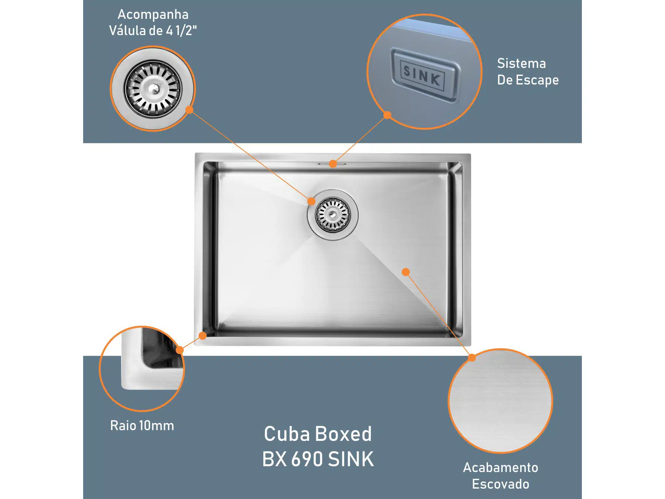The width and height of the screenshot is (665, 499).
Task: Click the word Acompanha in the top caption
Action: [153, 15]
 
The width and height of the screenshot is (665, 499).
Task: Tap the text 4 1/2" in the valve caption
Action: [182, 31]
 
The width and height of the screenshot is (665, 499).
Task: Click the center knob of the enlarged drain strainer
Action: [153, 88]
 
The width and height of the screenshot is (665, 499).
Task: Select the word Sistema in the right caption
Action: [521, 63]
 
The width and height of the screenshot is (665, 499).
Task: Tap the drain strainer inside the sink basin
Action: [333, 215]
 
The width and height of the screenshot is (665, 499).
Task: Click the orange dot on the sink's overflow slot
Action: [333, 164]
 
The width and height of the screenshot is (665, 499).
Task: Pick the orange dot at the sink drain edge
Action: [311, 201]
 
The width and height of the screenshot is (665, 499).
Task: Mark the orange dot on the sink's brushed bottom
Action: [406, 272]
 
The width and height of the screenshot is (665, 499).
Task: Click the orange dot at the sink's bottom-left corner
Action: [203, 336]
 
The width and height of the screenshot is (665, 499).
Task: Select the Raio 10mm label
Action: [142, 426]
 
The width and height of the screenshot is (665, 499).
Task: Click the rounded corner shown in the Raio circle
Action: [146, 364]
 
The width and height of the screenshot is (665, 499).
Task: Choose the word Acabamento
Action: [500, 467]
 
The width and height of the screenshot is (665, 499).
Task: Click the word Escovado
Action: [500, 484]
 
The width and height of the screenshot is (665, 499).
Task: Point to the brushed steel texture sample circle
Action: [500, 401]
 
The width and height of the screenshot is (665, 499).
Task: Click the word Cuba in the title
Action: [287, 434]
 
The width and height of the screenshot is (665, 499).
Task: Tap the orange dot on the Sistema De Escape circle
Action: [387, 115]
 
